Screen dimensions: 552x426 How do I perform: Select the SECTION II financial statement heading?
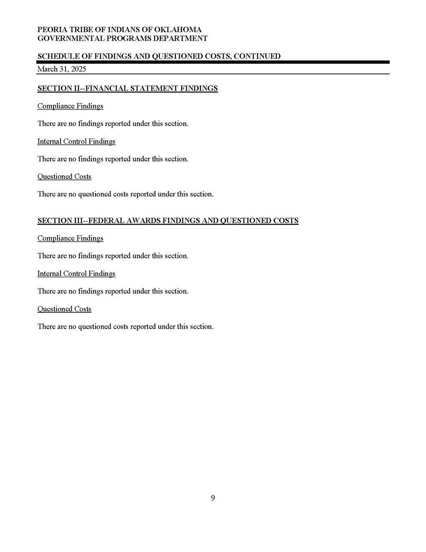[127, 88]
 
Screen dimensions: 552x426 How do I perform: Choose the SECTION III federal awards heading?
[168, 220]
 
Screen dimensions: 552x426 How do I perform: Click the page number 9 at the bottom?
[213, 498]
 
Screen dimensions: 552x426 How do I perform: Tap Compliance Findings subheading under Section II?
[70, 106]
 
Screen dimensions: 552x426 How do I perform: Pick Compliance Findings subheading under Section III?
[70, 238]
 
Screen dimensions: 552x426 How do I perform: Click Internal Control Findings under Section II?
[76, 141]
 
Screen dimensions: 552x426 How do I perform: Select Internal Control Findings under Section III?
[76, 273]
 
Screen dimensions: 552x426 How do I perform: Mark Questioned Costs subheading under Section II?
[64, 176]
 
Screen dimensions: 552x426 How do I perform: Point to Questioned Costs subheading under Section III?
[64, 309]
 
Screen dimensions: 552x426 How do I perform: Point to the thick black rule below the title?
[213, 62]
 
